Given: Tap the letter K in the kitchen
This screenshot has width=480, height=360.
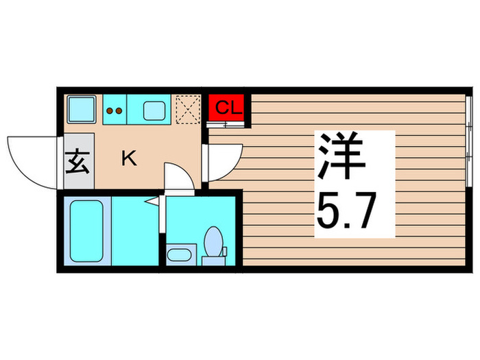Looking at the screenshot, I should tap(128, 160).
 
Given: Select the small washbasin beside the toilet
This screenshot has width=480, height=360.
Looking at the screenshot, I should tap(180, 255).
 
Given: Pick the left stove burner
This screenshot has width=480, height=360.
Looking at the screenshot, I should tap(110, 108).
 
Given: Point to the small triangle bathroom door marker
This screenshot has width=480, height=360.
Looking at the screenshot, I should tap(155, 202).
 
